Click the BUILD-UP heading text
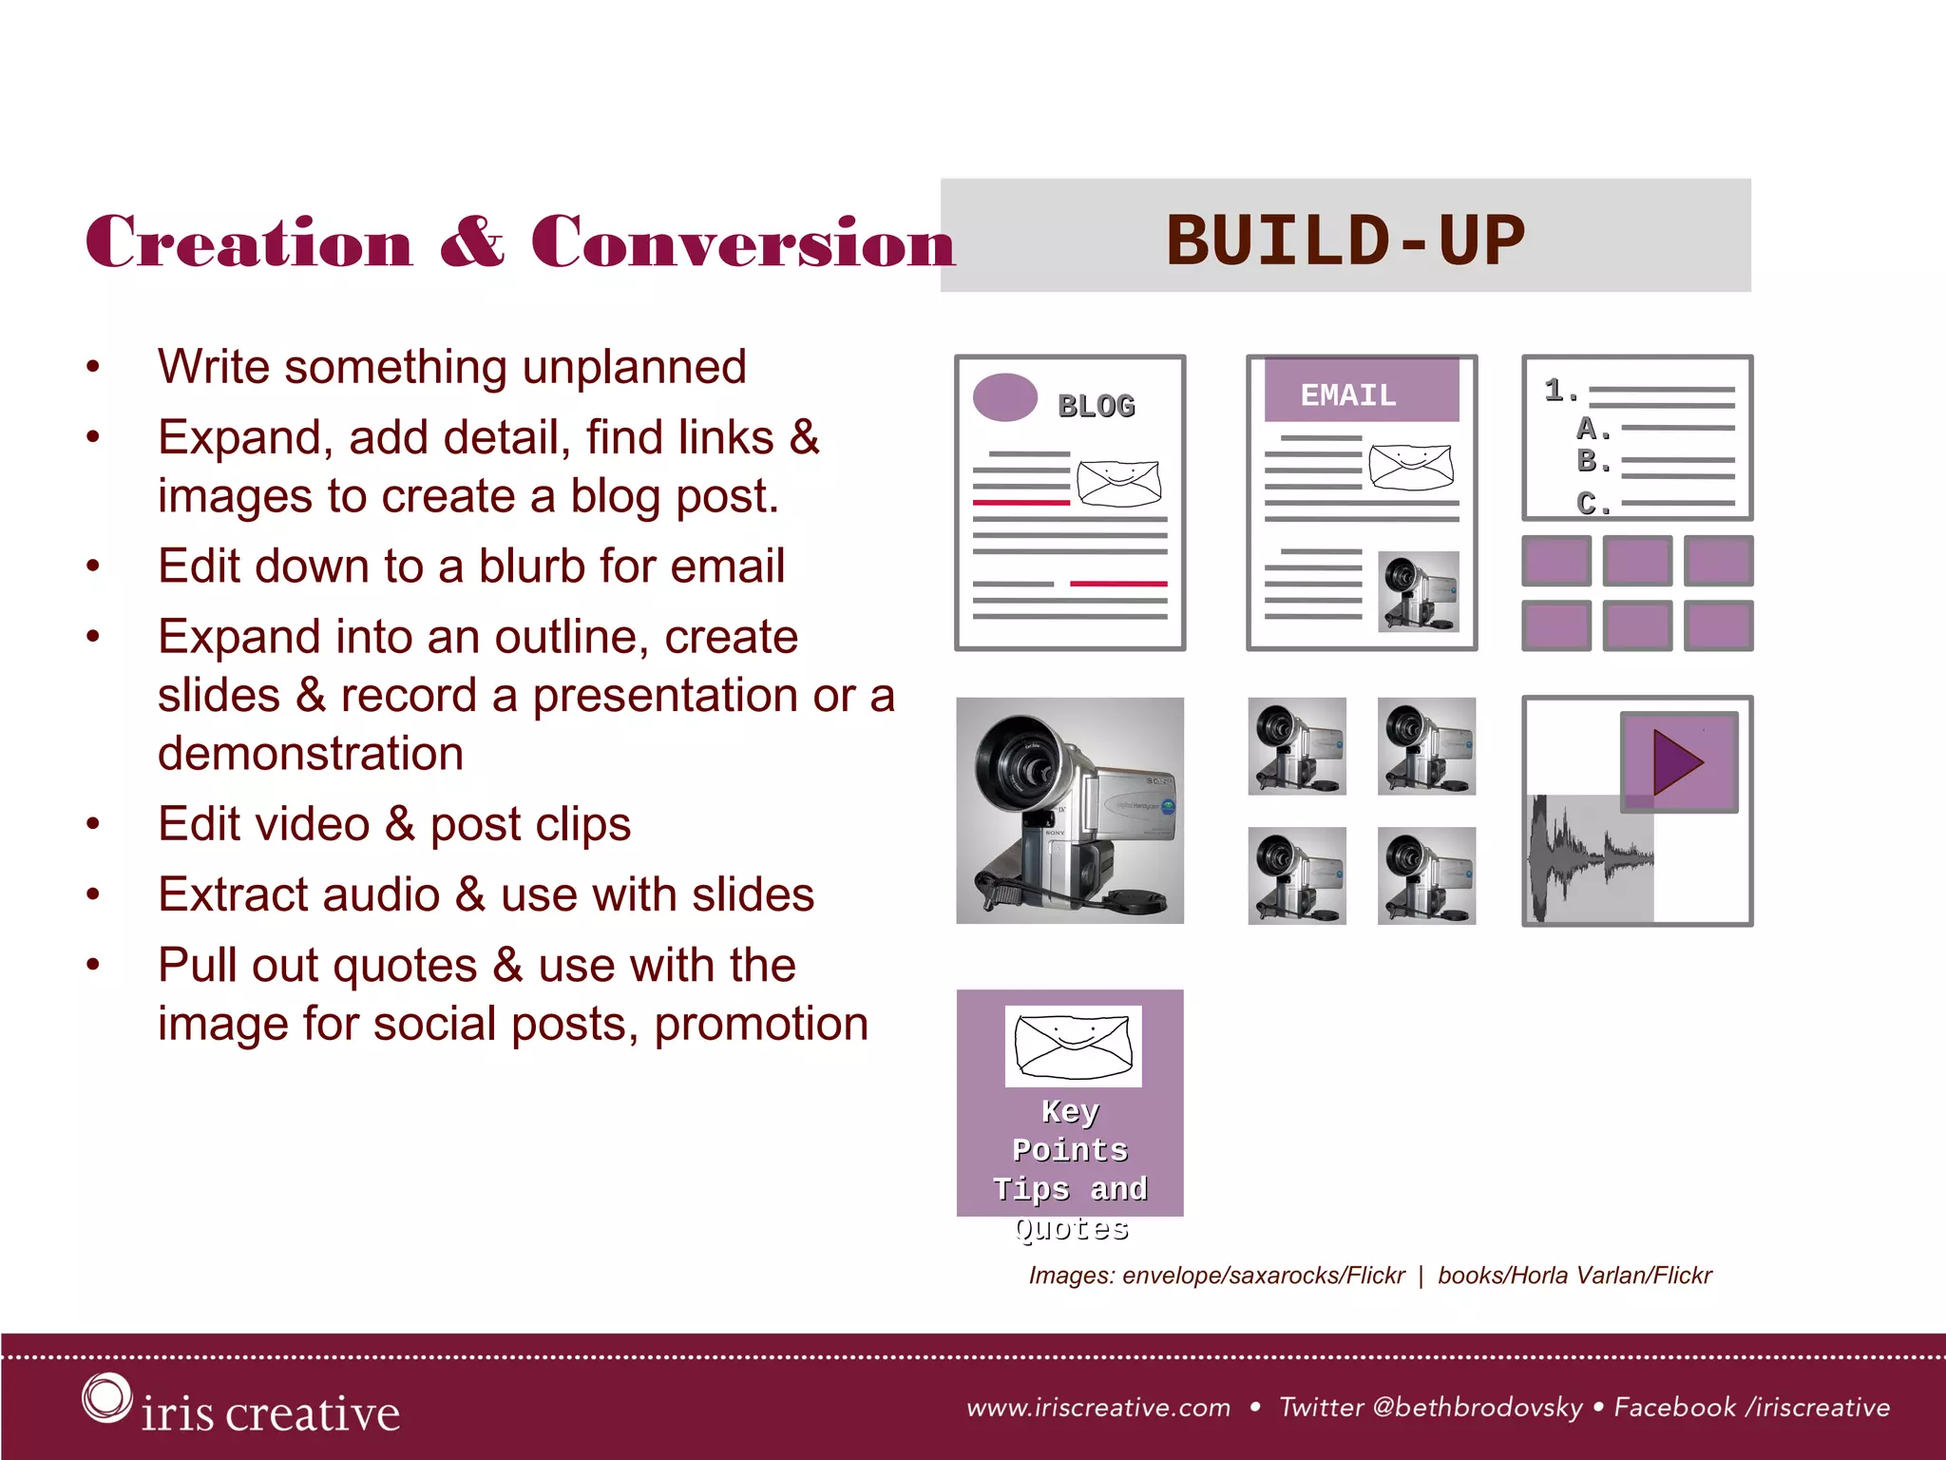click(x=1345, y=240)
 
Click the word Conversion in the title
click(x=742, y=242)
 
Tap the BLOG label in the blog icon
click(x=1097, y=406)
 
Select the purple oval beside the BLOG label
click(x=1005, y=397)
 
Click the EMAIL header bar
click(x=1361, y=392)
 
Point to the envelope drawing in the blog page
click(x=1119, y=484)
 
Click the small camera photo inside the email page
click(x=1418, y=591)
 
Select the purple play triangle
click(x=1677, y=761)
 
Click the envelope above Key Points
click(x=1073, y=1046)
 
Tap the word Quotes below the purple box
click(x=1071, y=1229)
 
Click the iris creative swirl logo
click(x=105, y=1398)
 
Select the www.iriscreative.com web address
click(x=1098, y=1407)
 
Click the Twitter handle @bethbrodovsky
click(x=1477, y=1407)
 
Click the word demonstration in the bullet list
click(x=311, y=754)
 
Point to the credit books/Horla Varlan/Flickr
click(x=1574, y=1276)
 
